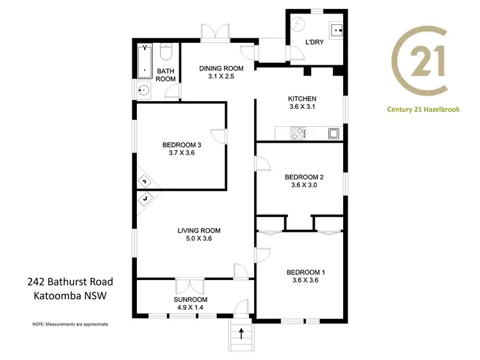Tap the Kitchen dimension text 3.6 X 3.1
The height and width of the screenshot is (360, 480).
click(302, 108)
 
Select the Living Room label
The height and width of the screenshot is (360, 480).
click(199, 231)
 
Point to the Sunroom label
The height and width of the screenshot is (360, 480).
click(191, 299)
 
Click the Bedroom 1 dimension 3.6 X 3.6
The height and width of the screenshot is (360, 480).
click(302, 280)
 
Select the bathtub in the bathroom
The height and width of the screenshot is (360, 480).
click(145, 61)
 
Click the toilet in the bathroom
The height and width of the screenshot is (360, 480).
click(168, 52)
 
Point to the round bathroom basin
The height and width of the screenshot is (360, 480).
click(144, 90)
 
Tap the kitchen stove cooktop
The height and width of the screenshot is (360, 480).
click(298, 133)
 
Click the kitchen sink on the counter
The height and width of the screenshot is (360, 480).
click(333, 133)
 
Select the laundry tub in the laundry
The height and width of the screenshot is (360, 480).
click(337, 29)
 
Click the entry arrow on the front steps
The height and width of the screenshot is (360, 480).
click(241, 333)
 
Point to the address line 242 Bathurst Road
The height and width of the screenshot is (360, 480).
click(70, 282)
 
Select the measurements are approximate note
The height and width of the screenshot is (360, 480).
click(70, 324)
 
